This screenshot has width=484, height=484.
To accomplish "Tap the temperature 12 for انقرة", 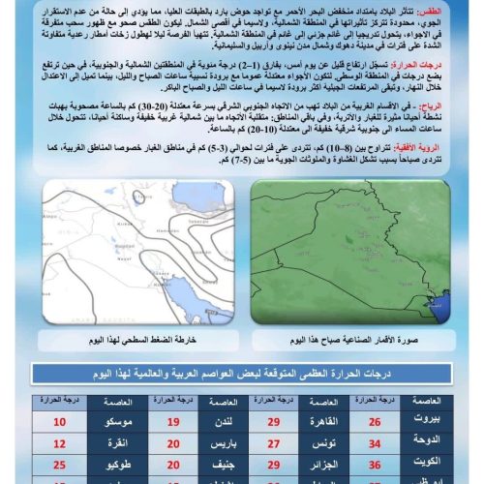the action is point(59,443).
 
